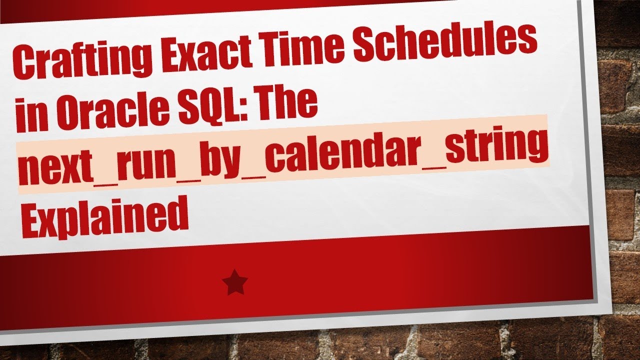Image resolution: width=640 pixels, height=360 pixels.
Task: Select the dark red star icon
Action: pyautogui.click(x=235, y=283)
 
